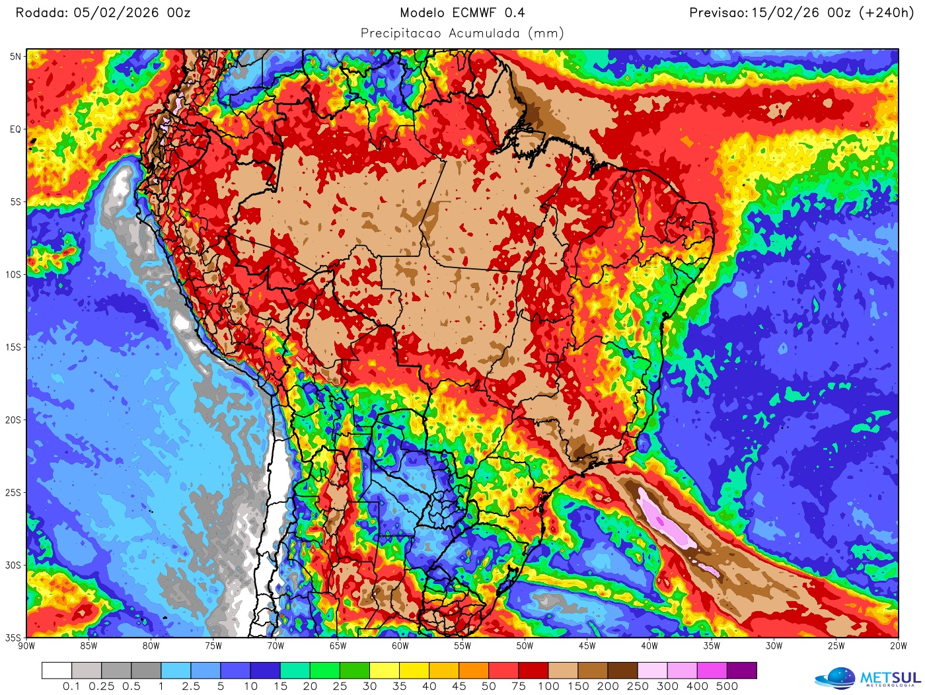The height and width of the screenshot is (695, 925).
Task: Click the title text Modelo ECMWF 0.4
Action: [x=462, y=13]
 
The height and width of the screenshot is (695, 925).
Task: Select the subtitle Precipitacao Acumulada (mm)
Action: [x=462, y=33]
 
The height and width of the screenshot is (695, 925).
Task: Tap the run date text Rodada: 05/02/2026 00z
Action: [x=103, y=13]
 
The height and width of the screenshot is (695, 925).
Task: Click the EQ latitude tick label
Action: [x=15, y=129]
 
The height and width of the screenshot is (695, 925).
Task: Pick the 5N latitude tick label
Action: [x=15, y=57]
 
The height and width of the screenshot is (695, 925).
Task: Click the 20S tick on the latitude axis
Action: [x=14, y=420]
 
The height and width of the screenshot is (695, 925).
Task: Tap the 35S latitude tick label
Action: [x=14, y=638]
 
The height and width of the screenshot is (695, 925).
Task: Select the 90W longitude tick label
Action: [x=26, y=646]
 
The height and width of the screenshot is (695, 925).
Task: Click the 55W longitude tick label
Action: [x=462, y=646]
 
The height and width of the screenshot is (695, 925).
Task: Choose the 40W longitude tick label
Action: [x=649, y=646]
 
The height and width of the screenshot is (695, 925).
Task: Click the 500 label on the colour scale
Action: [x=727, y=686]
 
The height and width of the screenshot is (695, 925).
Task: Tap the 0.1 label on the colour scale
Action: [x=71, y=686]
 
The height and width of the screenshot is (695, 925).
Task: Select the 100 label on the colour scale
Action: [x=548, y=686]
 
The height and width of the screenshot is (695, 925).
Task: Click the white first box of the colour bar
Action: [x=57, y=671]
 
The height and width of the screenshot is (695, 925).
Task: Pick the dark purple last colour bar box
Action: [x=742, y=671]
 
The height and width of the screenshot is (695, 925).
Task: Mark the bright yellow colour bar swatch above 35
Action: [x=385, y=671]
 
